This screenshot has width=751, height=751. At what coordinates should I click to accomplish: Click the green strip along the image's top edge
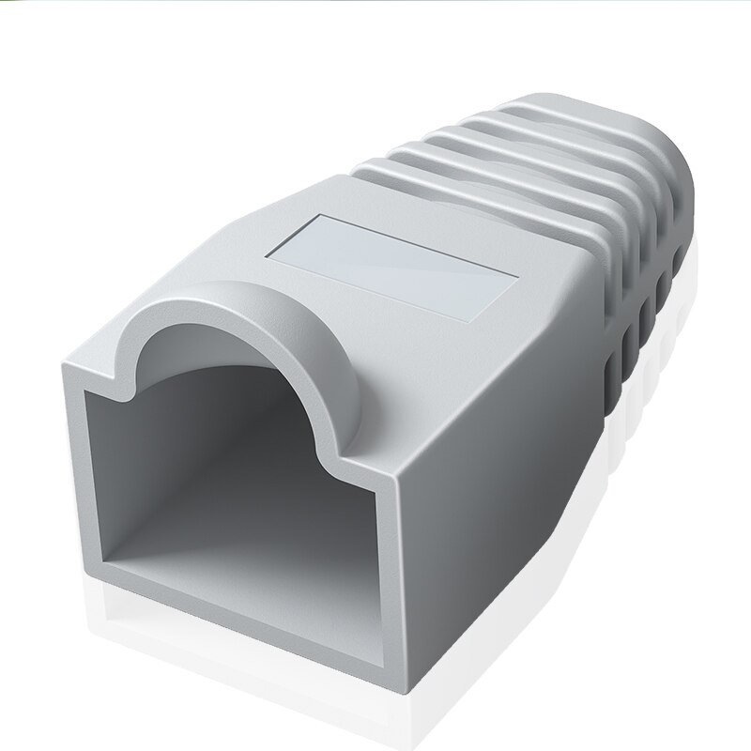click(x=375, y=3)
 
